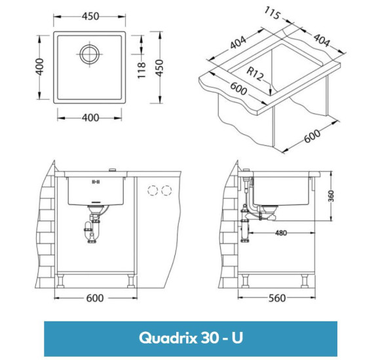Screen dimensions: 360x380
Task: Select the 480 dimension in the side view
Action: [x=280, y=232]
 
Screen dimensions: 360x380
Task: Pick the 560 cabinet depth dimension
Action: [x=278, y=298]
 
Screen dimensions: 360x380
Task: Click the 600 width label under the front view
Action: [x=95, y=298]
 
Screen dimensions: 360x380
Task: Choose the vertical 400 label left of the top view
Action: [x=40, y=65]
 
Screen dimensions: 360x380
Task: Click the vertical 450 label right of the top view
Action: [x=159, y=65]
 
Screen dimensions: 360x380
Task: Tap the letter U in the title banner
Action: [x=237, y=338]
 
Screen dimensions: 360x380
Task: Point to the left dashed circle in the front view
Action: [x=153, y=191]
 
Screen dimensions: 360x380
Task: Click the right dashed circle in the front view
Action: [x=167, y=191]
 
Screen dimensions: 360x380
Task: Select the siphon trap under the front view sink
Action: [x=92, y=230]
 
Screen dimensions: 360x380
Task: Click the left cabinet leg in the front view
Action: [x=62, y=280]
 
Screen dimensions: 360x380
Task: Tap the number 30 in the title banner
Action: [x=208, y=338]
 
